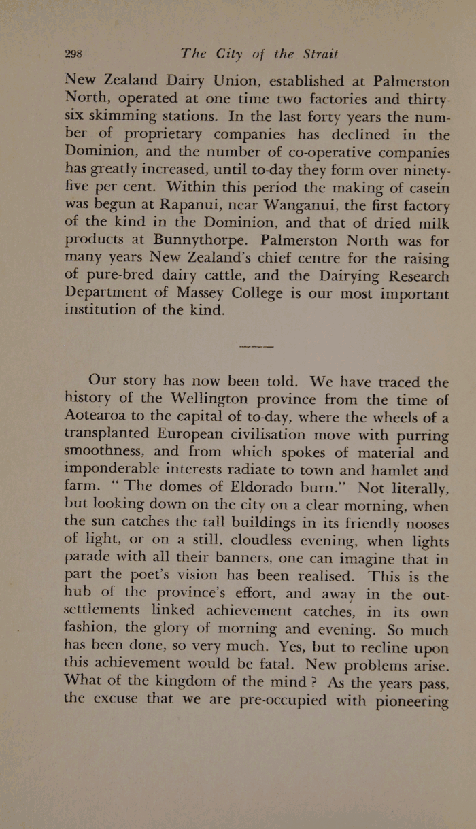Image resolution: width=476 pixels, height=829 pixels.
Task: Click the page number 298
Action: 73,54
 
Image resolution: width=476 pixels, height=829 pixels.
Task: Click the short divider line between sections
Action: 257,346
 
